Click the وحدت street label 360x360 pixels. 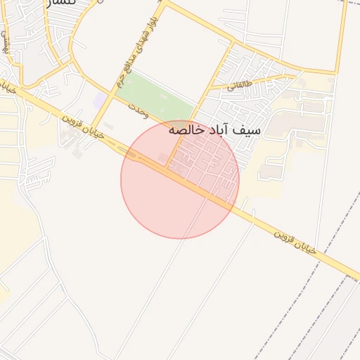tap(138, 107)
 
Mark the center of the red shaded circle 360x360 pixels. tap(180, 179)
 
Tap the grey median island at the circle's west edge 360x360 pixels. tap(130, 153)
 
